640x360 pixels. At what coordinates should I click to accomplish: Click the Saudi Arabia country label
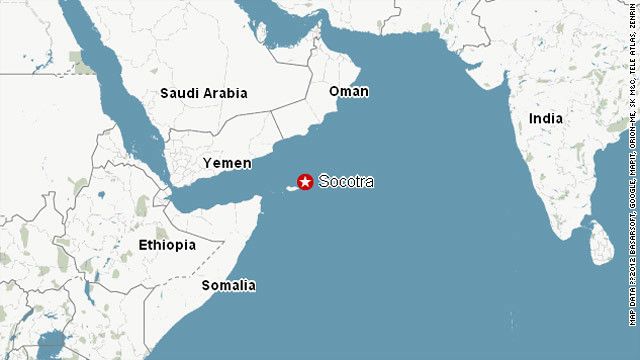click(203, 94)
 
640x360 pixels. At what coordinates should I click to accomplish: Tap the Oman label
click(348, 91)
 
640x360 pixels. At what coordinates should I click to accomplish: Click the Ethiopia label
click(167, 244)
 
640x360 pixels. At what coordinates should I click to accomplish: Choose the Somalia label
click(228, 285)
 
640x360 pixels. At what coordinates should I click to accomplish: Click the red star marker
click(305, 182)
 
